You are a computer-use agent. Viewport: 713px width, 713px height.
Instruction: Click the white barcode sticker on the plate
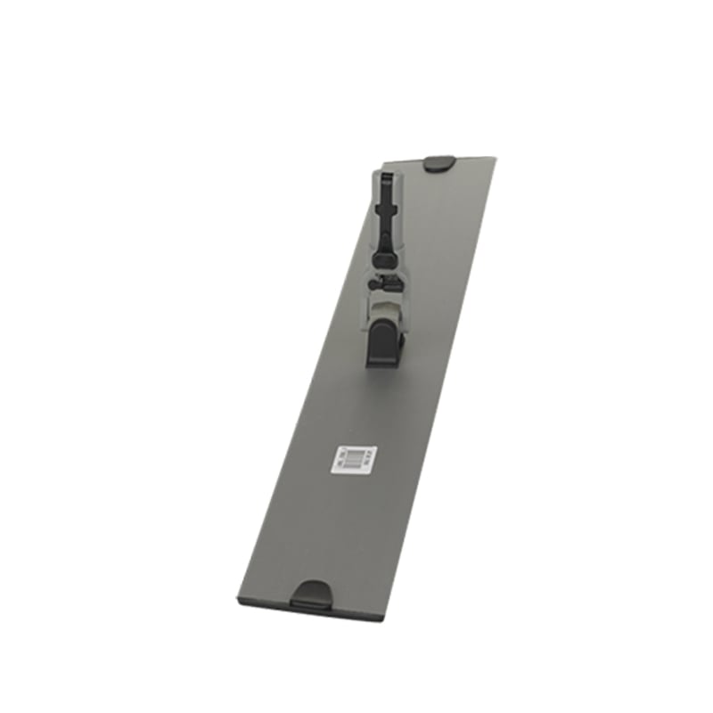click(350, 458)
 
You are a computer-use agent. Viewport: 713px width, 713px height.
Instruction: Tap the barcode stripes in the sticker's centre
click(350, 458)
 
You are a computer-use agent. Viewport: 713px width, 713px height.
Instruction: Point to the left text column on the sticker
click(339, 458)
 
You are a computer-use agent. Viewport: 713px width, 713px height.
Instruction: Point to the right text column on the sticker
click(362, 458)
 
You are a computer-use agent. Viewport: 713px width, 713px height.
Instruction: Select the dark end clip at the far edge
click(438, 163)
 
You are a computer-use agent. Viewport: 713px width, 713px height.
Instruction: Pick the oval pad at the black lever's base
click(385, 255)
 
